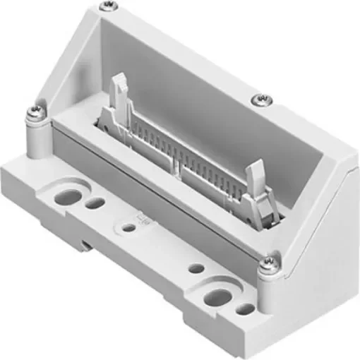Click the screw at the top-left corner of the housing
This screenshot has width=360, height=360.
[x=107, y=6]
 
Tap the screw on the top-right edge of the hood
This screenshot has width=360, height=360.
[x=260, y=98]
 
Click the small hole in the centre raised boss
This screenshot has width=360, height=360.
[x=128, y=228]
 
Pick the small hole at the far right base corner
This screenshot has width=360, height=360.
[x=244, y=308]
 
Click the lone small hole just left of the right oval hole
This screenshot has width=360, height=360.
[x=198, y=269]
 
